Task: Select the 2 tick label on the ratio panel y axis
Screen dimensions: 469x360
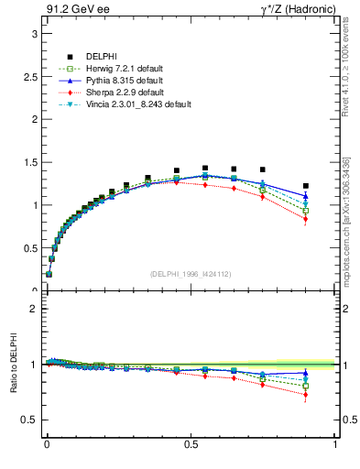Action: [x=33, y=309]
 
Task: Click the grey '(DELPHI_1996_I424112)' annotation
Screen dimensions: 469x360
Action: [x=191, y=273]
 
